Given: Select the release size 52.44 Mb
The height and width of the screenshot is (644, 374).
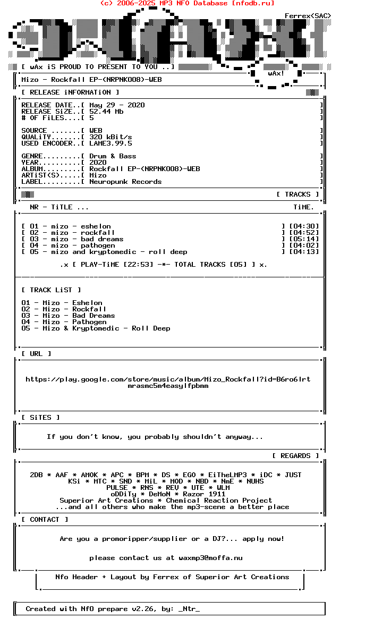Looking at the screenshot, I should coord(106,112).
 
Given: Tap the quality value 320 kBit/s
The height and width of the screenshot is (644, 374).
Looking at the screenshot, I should coord(110,137).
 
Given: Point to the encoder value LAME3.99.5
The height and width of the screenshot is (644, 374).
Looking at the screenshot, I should coord(110,143).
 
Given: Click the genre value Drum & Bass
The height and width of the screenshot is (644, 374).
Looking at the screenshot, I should coord(113,156).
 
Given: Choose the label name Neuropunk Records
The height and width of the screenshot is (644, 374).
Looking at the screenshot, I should coord(125,182).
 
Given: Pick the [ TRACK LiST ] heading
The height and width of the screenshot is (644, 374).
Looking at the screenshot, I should coord(51,290).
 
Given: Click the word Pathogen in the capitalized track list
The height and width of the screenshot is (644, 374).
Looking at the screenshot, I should coord(89,322).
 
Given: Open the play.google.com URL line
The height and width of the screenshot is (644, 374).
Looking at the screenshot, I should coord(168,379).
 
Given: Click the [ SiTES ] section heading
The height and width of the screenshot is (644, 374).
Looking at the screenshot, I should coord(40,418).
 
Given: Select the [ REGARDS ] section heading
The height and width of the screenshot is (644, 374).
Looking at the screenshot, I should coord(295,456).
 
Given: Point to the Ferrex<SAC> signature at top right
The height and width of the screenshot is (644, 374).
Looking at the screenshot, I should coord(308,16).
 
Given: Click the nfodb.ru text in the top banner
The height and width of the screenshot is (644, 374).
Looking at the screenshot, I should coord(253,3).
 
